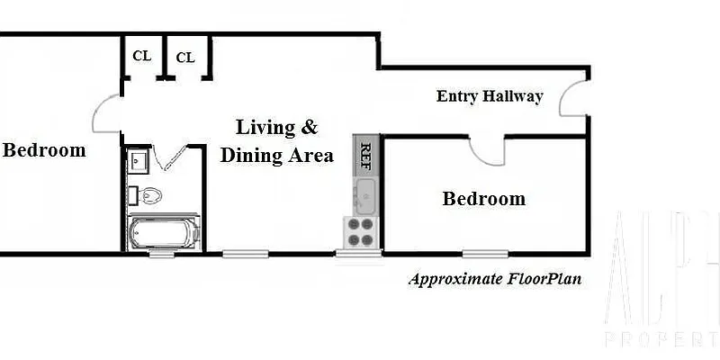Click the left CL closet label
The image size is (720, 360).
click(x=141, y=55)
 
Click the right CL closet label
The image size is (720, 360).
click(x=184, y=58)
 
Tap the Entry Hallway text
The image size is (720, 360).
click(x=490, y=96)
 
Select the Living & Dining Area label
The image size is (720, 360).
click(x=276, y=140)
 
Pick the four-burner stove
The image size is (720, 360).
click(x=361, y=232)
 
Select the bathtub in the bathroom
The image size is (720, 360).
click(x=163, y=233)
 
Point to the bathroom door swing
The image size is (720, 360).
click(x=171, y=158)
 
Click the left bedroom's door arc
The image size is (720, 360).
click(x=104, y=114)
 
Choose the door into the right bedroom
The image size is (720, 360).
click(x=491, y=150)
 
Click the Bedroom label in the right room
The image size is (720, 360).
click(x=483, y=199)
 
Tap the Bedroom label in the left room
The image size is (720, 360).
click(x=44, y=150)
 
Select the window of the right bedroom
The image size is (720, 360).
click(x=483, y=253)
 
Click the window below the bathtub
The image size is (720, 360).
click(x=162, y=254)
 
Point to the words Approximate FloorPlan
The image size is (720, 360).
click(x=495, y=278)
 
